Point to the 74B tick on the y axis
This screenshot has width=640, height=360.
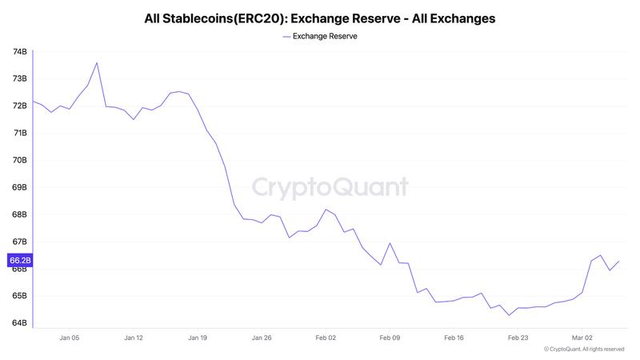tap(20, 52)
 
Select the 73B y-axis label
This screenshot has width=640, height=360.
tap(20, 79)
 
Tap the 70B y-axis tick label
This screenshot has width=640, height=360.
tap(20, 160)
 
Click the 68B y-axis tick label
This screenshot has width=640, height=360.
tap(20, 214)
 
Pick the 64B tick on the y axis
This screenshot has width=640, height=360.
tap(20, 323)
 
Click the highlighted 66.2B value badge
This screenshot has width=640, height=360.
tap(20, 260)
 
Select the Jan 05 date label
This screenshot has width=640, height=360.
tap(70, 338)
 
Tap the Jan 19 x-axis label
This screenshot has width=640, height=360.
tap(198, 338)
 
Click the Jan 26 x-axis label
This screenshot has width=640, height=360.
tap(262, 338)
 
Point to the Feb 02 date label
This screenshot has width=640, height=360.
tap(326, 338)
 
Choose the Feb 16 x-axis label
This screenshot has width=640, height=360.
tap(454, 338)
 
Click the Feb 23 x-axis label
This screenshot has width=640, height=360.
tap(518, 338)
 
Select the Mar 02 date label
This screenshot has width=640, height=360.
tap(582, 338)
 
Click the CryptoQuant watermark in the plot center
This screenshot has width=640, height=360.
tap(330, 187)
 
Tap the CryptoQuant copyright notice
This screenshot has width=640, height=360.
tap(583, 350)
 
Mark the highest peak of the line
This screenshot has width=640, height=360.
tap(97, 62)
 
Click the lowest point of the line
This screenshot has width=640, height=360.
tap(509, 315)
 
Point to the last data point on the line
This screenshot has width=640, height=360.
tap(619, 261)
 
